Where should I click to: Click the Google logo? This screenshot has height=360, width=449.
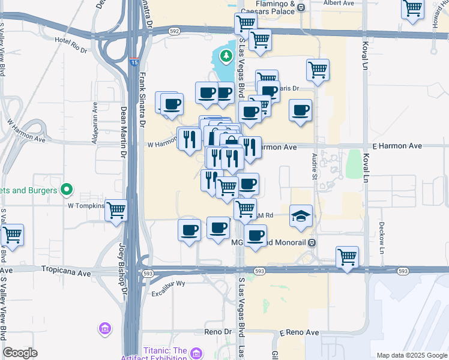pyautogui.click(x=20, y=353)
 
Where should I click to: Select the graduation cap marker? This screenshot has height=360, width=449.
pyautogui.click(x=301, y=217)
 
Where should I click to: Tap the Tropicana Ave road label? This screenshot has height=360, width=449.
pyautogui.click(x=66, y=272)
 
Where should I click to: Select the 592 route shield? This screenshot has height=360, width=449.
pyautogui.click(x=174, y=31)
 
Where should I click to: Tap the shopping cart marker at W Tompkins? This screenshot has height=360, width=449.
pyautogui.click(x=116, y=211)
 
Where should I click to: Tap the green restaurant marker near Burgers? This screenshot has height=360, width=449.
pyautogui.click(x=67, y=191)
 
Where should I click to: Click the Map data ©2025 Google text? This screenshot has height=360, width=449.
pyautogui.click(x=411, y=355)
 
